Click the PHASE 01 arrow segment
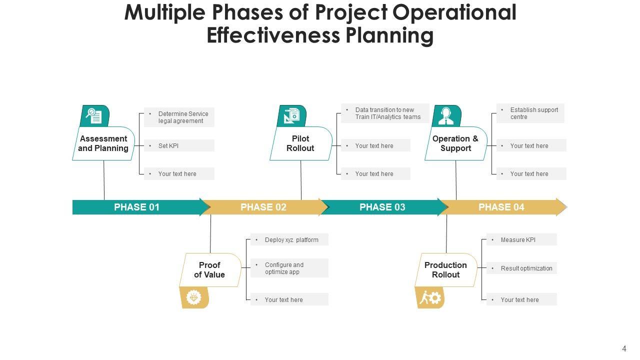coord(136,207)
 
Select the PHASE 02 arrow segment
coord(263,207)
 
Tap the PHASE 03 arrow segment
coord(382,207)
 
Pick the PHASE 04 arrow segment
coord(501,207)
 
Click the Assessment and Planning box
coord(103,143)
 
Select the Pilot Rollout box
coord(300,143)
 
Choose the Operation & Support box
coord(455,143)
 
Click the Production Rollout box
coord(445,270)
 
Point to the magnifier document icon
coord(94,116)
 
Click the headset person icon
coord(446,116)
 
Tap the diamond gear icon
coord(194,298)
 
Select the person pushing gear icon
coord(430,298)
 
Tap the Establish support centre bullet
coord(529,113)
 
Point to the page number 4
coord(624,349)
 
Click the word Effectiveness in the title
coord(271,35)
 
